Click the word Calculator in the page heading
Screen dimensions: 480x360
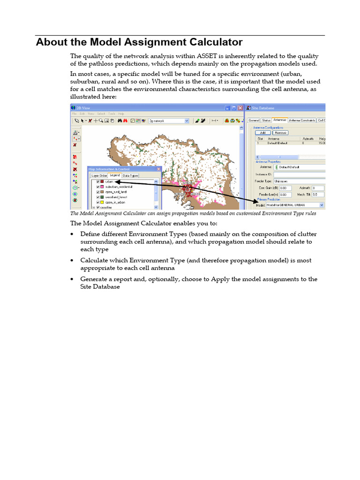(210, 42)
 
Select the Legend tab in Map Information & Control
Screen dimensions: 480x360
(115, 175)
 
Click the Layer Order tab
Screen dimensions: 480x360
(99, 175)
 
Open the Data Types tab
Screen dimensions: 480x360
(131, 175)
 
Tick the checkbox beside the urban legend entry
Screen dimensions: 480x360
(98, 181)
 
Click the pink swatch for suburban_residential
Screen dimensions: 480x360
(102, 187)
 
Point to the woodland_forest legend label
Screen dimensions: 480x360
(116, 197)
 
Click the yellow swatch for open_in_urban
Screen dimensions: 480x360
(102, 202)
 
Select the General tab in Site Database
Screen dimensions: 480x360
(254, 120)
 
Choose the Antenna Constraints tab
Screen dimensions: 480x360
(301, 120)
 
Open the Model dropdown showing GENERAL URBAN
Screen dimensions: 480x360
(321, 205)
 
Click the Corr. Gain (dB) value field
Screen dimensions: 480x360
(286, 187)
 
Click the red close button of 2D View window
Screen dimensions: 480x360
(240, 108)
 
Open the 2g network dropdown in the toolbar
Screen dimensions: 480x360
(187, 120)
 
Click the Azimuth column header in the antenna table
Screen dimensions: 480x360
(307, 139)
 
